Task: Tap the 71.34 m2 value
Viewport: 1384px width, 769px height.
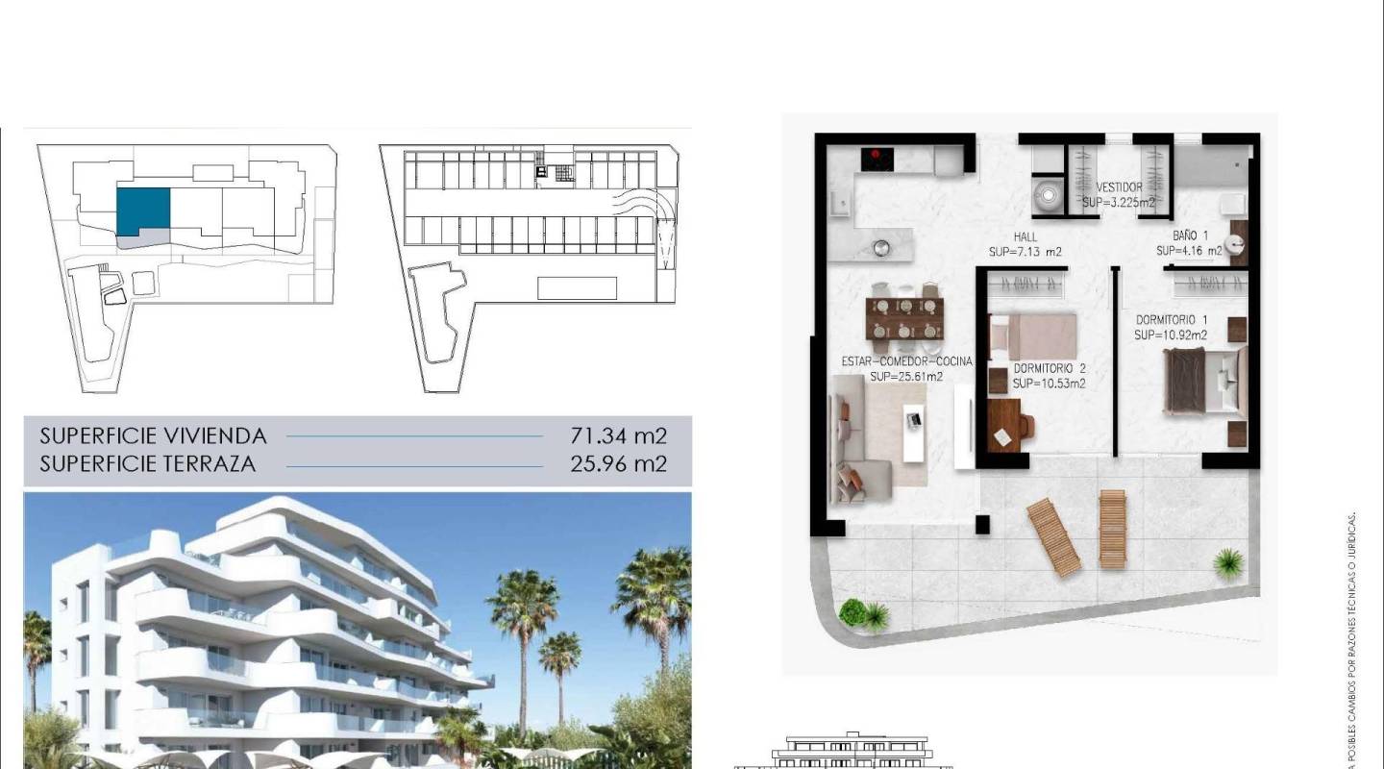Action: (x=618, y=436)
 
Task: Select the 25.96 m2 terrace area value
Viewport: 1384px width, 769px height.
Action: (x=618, y=464)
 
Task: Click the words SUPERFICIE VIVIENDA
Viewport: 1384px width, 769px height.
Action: (x=153, y=436)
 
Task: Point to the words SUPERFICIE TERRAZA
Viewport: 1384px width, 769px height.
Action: (x=147, y=464)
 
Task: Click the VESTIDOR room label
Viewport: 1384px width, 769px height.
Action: (x=1120, y=187)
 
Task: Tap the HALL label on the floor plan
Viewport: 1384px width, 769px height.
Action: (x=1025, y=237)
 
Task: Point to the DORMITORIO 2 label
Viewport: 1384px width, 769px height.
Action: (x=1050, y=368)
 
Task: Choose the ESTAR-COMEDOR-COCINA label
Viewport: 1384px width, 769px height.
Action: (x=906, y=361)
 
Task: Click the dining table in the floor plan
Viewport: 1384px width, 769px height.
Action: (x=902, y=318)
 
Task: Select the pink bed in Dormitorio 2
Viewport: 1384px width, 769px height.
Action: (x=1033, y=336)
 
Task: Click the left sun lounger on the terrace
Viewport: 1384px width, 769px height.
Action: (x=1053, y=537)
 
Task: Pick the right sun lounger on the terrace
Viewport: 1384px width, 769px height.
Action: (x=1112, y=529)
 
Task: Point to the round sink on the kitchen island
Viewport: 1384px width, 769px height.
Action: (x=880, y=248)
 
